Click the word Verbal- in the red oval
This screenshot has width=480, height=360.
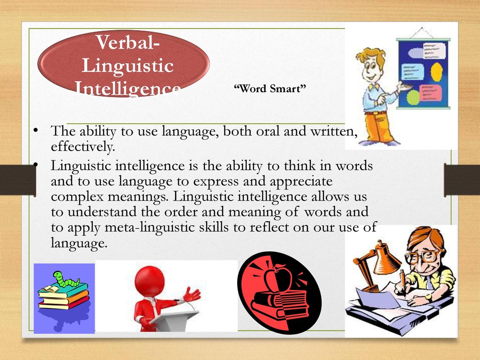pos(128,42)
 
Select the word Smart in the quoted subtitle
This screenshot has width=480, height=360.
pos(288,89)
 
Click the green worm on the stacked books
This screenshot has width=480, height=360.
pos(65,278)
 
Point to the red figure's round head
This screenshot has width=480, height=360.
pos(150,281)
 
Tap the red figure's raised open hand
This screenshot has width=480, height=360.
pos(192,295)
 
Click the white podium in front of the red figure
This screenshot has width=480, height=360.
pos(175,319)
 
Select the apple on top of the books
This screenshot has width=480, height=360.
pos(277,278)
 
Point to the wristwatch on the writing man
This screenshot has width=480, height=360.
pos(429,297)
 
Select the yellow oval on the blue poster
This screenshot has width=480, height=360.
pos(436,72)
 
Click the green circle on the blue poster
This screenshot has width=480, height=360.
pos(413,97)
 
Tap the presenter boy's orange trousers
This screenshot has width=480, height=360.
pos(378,127)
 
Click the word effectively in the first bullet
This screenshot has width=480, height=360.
pos(83,147)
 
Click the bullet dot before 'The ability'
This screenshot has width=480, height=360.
pos(36,130)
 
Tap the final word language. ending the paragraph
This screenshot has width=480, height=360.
pos(79,244)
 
